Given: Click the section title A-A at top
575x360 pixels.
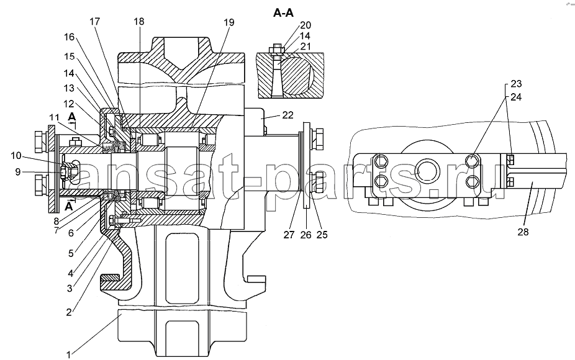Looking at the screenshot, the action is (284, 13).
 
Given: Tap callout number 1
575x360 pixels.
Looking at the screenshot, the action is (68, 354).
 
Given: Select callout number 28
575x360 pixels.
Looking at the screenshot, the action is (523, 232).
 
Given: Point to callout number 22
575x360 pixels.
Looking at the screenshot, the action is (288, 115).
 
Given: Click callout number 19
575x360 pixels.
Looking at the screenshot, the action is (229, 22).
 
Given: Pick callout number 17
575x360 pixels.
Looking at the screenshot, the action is (94, 22).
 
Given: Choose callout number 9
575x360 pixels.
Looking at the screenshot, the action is (18, 171).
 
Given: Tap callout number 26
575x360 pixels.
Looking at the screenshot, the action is (306, 234).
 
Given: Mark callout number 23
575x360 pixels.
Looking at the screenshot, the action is (516, 84).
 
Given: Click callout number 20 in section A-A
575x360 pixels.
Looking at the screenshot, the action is (306, 25).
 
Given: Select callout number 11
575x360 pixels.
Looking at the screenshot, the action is (54, 117).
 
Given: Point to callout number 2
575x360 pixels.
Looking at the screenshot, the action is (68, 312).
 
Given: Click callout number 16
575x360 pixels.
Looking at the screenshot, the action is (69, 37).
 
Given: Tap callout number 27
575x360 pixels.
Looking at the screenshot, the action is (289, 234).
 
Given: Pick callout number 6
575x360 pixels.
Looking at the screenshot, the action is (71, 232).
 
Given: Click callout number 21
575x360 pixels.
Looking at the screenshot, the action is (306, 46).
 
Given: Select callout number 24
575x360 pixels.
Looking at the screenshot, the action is (516, 97).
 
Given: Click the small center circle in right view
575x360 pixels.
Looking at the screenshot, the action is (427, 171).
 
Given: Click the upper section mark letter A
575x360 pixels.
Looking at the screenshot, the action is (72, 117).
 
